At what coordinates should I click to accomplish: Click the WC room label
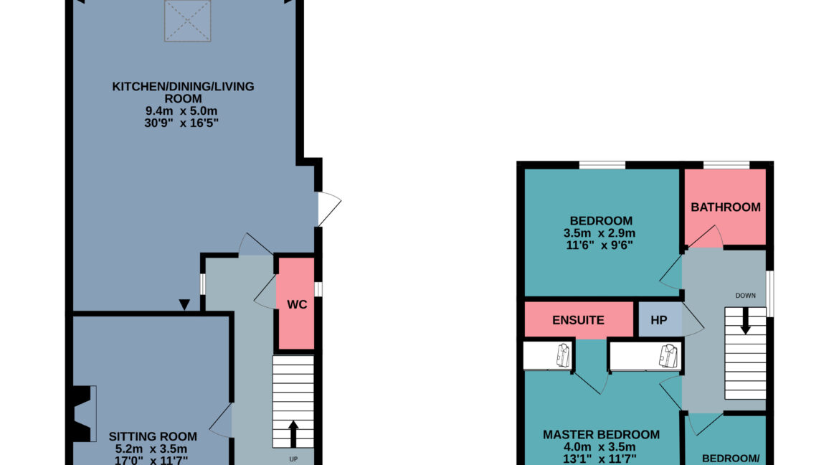tap(297, 304)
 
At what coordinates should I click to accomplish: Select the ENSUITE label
tap(578, 321)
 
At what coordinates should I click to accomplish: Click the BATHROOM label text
tap(725, 207)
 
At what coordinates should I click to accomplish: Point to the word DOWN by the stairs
tap(745, 295)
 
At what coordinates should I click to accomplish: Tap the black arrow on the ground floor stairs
tap(293, 433)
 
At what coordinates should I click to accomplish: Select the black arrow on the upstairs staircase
tap(746, 322)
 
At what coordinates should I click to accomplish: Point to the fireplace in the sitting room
tap(84, 413)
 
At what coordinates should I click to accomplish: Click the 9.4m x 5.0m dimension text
tap(183, 111)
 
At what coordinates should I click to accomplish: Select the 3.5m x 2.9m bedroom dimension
tap(601, 233)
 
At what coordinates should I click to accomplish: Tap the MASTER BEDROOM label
tap(601, 435)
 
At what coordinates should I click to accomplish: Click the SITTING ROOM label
tap(153, 436)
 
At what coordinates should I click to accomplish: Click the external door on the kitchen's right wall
tap(328, 208)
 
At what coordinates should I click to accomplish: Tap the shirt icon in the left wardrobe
tap(562, 354)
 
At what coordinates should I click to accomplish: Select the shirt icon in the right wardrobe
tap(668, 354)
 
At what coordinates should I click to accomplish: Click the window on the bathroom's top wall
tap(726, 166)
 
